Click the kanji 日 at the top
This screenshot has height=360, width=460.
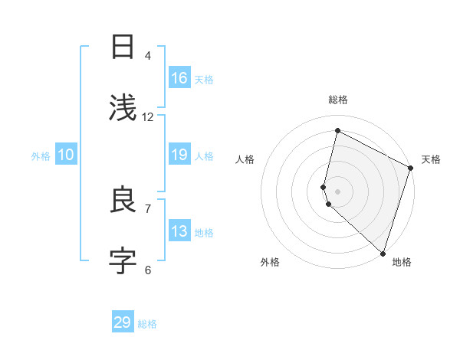(x=123, y=48)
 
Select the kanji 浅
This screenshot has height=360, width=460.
(x=123, y=108)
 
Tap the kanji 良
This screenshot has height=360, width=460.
(x=123, y=200)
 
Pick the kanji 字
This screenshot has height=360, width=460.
(x=123, y=261)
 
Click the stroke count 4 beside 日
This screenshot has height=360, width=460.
(x=148, y=56)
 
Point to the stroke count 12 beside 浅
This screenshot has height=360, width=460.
(x=148, y=117)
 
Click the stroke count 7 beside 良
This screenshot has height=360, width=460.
(x=148, y=208)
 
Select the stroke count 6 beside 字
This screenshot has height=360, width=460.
(x=148, y=270)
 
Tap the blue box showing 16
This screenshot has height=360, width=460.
(x=179, y=78)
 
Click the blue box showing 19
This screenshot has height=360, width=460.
(x=179, y=155)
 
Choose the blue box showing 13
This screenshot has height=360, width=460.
(x=179, y=231)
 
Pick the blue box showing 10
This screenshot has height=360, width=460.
(x=66, y=155)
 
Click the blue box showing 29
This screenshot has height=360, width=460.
(x=123, y=322)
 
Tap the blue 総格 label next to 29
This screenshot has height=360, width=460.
(x=147, y=324)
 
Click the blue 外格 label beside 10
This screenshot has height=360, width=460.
(x=41, y=155)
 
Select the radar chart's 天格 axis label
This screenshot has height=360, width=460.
(x=431, y=159)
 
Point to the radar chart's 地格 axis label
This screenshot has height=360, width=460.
(x=402, y=263)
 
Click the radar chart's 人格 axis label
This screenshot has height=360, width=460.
(x=245, y=159)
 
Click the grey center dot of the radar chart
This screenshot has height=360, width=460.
(x=337, y=191)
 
